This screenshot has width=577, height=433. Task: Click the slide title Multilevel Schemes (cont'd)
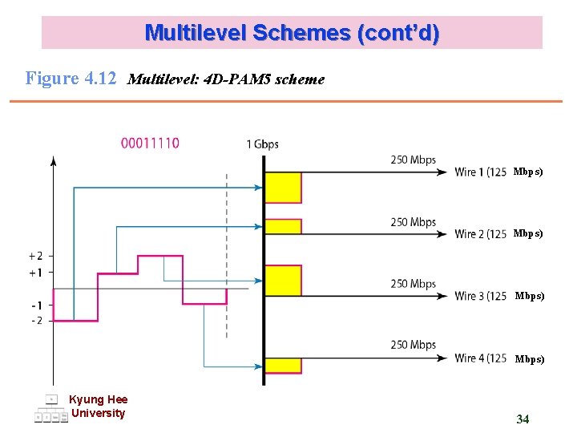292,33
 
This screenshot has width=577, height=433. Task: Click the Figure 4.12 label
71,79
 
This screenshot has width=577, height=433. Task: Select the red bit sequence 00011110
151,144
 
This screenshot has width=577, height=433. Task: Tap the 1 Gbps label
262,144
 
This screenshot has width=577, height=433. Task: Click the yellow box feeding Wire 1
283,188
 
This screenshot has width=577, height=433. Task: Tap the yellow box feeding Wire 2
283,226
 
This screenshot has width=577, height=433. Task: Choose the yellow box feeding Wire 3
283,281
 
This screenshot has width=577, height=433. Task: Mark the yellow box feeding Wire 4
283,366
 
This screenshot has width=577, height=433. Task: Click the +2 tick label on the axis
36,257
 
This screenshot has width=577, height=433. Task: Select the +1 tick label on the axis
36,273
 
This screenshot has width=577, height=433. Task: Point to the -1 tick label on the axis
36,306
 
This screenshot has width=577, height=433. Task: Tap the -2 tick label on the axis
36,321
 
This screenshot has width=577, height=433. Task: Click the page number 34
523,419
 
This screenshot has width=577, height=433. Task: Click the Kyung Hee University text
98,407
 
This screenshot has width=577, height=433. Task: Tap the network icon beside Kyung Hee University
50,409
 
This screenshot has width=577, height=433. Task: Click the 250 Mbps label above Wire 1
413,160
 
